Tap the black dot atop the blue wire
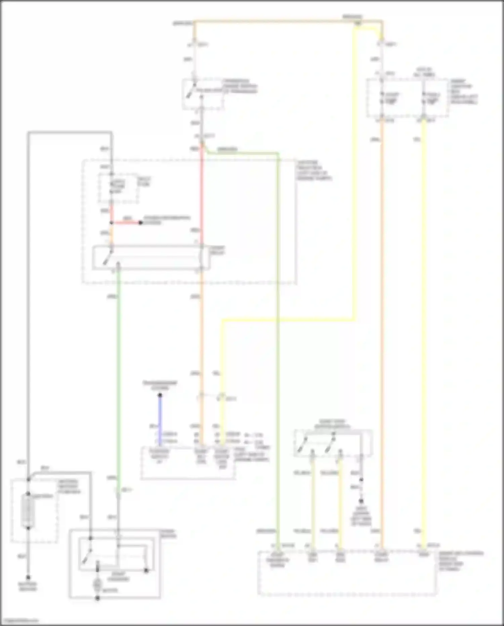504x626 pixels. pyautogui.click(x=160, y=395)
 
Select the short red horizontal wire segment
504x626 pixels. pyautogui.click(x=126, y=223)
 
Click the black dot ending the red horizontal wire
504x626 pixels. pyautogui.click(x=141, y=223)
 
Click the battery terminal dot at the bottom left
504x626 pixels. pyautogui.click(x=28, y=577)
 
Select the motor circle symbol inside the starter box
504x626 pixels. pyautogui.click(x=97, y=585)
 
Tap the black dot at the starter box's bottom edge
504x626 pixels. pyautogui.click(x=97, y=598)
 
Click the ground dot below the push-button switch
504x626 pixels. pyautogui.click(x=361, y=500)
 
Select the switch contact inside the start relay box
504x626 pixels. pyautogui.click(x=108, y=257)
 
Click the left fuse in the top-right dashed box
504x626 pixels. pyautogui.click(x=382, y=98)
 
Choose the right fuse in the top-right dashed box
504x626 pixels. pyautogui.click(x=424, y=98)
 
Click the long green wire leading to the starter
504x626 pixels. pyautogui.click(x=118, y=370)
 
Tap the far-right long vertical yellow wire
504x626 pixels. pyautogui.click(x=423, y=336)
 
